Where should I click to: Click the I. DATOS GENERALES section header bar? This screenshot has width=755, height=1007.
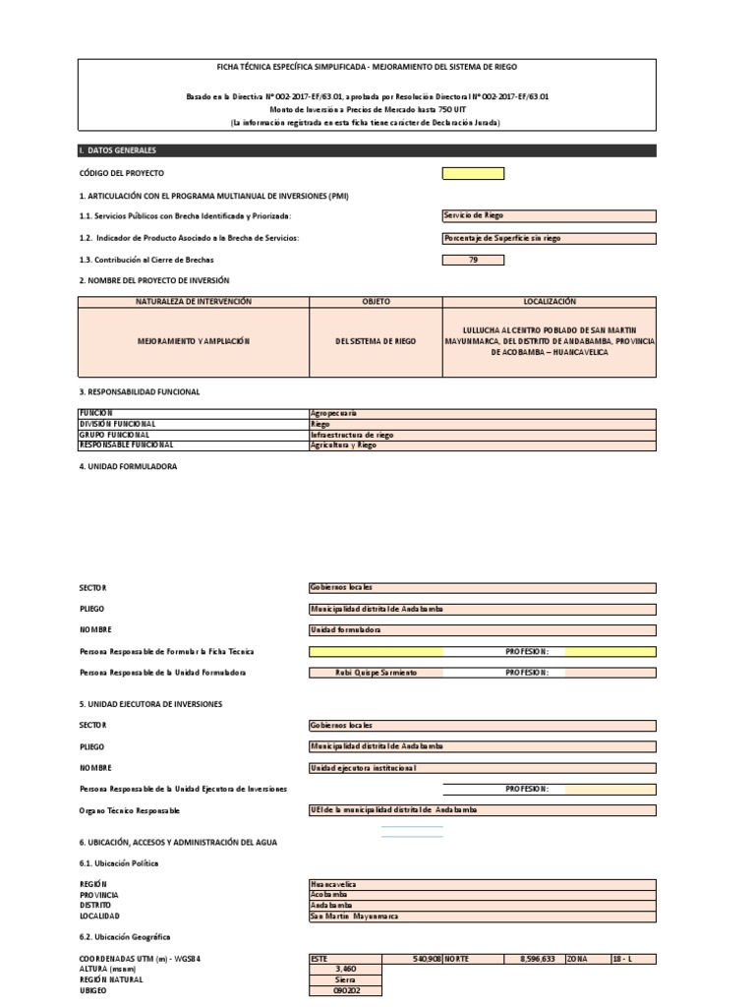point(367,150)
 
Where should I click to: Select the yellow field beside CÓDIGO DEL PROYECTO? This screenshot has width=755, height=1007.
point(473,173)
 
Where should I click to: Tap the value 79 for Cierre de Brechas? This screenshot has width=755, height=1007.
point(473,260)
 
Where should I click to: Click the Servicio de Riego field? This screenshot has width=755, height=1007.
point(549,216)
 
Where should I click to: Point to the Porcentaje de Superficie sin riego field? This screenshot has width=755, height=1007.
point(549,238)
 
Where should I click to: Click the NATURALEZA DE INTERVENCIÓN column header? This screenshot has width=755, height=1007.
point(194,301)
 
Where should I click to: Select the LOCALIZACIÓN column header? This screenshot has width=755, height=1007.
point(550,301)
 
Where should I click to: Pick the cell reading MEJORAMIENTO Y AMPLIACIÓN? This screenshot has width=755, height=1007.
point(194,341)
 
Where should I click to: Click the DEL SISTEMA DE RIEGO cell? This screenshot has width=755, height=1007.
point(376,341)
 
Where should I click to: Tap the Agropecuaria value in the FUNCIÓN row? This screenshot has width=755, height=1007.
point(482,414)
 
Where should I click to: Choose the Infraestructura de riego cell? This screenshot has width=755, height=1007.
point(482,435)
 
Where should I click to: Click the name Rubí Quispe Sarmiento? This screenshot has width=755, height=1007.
point(376,672)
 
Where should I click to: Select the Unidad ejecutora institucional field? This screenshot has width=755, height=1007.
point(482,767)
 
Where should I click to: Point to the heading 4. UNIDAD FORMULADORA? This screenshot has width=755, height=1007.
point(128,467)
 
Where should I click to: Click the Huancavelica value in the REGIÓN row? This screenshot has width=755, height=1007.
point(482,884)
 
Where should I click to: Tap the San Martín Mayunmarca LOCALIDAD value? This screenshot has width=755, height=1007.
point(482,916)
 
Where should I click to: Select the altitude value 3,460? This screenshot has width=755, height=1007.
point(345,969)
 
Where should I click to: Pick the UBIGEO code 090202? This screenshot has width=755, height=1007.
point(345,990)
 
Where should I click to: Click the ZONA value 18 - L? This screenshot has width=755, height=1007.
point(632,958)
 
